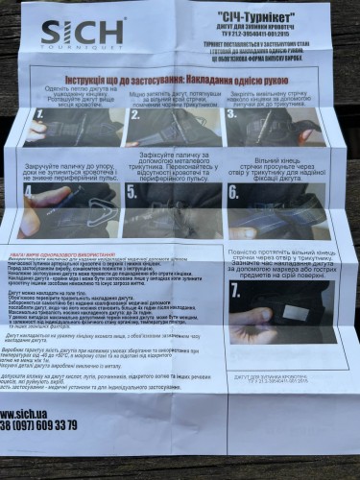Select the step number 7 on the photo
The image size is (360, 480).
(x=238, y=290)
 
